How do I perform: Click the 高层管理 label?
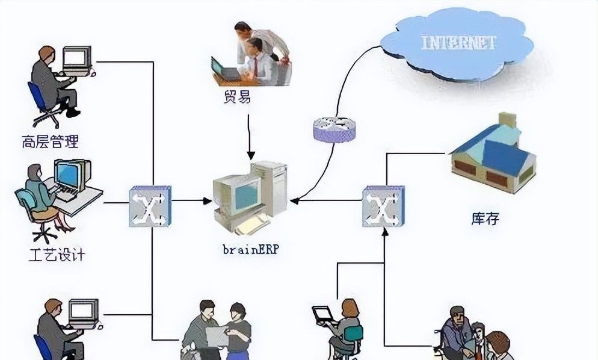(x=50, y=142)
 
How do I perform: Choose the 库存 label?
(x=485, y=218)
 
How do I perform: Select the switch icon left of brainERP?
(x=150, y=206)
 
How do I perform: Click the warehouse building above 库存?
(x=492, y=155)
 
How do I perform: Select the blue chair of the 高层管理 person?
(x=41, y=102)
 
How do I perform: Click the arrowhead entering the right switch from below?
(x=383, y=231)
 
